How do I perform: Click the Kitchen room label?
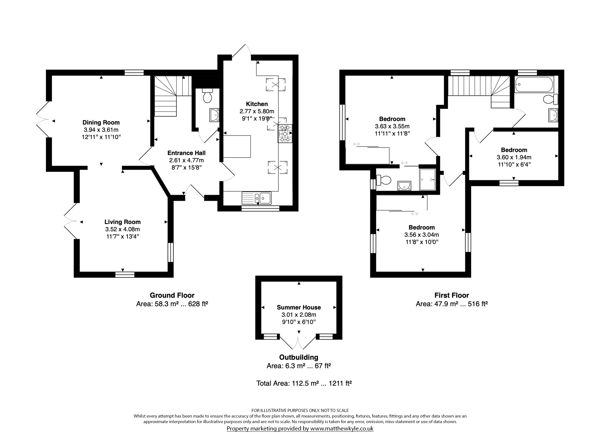click(257, 104)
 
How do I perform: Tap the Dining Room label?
click(101, 122)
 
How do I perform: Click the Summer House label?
click(299, 307)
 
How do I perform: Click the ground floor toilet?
click(207, 96)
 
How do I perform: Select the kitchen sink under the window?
click(257, 198)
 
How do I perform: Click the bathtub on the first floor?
click(534, 85)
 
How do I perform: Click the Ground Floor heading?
click(172, 295)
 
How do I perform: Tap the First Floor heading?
click(452, 295)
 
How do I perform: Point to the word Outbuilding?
click(299, 357)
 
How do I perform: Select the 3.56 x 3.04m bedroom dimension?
click(422, 235)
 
